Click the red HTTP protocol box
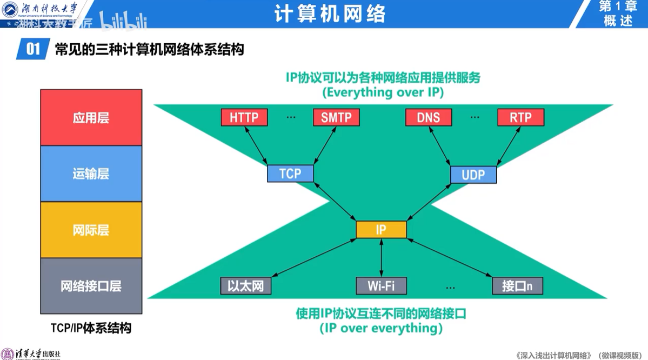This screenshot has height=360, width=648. click(244, 117)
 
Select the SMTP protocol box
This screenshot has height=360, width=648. click(336, 117)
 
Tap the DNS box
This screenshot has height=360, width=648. click(429, 117)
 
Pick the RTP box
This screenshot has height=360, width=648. click(520, 117)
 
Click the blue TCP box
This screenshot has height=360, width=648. click(290, 174)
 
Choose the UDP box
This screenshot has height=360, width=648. click(473, 175)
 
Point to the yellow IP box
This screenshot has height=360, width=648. click(381, 230)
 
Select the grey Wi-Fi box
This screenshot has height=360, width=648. click(381, 286)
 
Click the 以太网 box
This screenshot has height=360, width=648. click(245, 286)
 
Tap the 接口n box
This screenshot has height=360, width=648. click(517, 286)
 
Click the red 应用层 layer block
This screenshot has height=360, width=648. click(91, 118)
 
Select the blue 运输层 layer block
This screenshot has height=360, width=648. click(91, 174)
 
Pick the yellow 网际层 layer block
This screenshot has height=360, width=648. click(91, 230)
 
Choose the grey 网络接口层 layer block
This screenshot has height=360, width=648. click(91, 286)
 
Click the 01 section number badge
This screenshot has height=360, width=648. click(33, 50)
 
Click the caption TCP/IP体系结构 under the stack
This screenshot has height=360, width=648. click(91, 328)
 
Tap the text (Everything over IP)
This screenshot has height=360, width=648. click(383, 92)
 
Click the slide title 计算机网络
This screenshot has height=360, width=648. click(330, 14)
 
